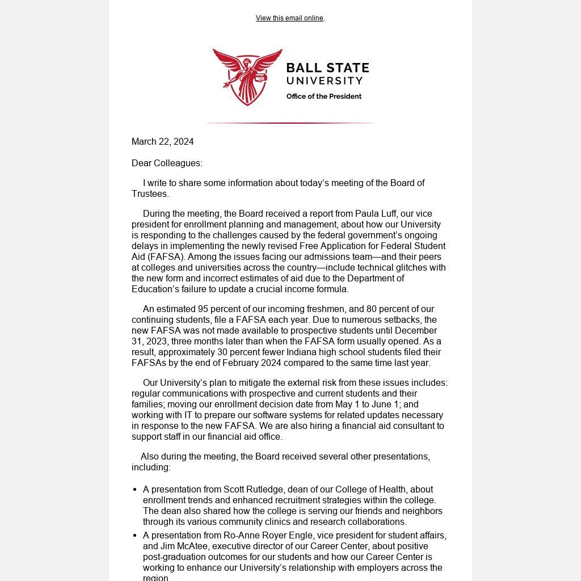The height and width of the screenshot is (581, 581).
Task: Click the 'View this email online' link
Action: tap(289, 18)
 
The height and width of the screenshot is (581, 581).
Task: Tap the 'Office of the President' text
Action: tap(323, 96)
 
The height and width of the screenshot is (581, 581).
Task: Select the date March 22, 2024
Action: tap(163, 141)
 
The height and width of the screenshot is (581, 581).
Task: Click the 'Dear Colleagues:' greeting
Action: tap(167, 163)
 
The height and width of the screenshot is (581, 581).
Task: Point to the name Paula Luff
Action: tap(376, 214)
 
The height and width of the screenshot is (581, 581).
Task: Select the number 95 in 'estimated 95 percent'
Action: tap(203, 309)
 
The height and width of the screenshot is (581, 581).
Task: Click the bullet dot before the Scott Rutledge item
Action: tap(135, 490)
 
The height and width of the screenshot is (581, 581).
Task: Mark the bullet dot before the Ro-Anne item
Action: tap(135, 536)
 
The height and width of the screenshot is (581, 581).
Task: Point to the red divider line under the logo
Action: tap(290, 123)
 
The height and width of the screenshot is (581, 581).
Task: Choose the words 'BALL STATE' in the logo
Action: tap(327, 68)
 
